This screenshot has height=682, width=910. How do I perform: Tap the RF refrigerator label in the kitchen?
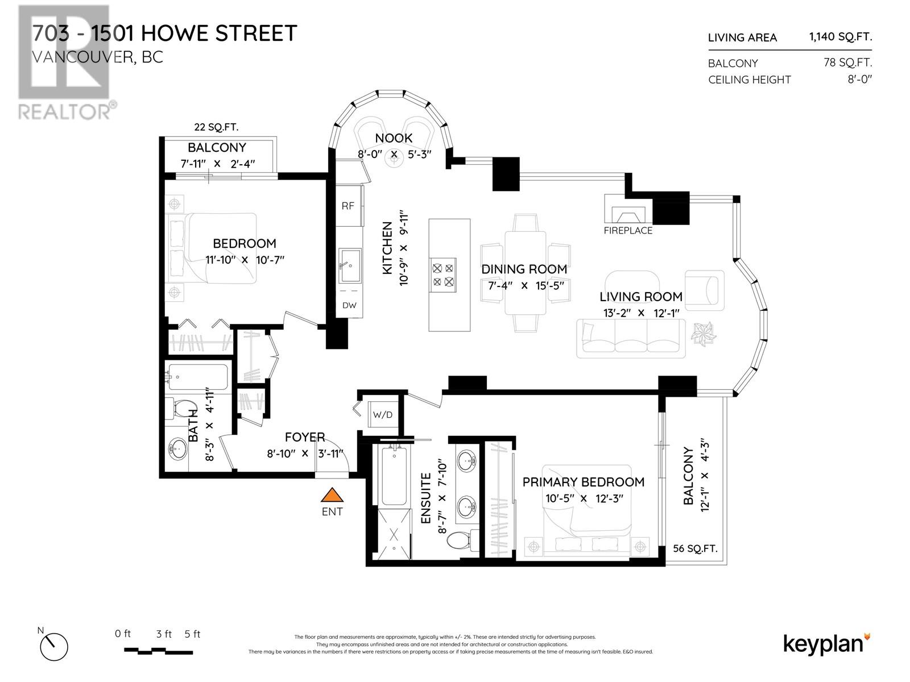coord(348,206)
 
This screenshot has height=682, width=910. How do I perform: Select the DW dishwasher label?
coord(349,305)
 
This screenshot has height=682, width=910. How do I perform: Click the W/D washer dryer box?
coord(383,415)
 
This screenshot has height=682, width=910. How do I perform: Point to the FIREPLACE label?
coord(628,231)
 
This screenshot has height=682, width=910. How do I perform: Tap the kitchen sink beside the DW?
coord(349,265)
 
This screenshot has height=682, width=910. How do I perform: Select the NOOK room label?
coord(394,138)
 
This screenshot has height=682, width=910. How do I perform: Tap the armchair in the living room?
coord(705,290)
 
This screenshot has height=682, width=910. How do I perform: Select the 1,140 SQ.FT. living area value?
coord(840,37)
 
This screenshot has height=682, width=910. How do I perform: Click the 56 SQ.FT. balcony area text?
coord(695,548)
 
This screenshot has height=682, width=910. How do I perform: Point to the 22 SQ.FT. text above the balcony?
coord(216,127)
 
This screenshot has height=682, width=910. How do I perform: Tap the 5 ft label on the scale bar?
coord(192,634)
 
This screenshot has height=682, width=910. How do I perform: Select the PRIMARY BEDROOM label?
coord(584,482)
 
